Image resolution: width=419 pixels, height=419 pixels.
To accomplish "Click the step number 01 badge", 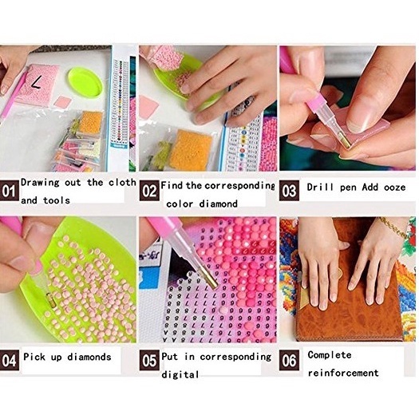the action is (10, 191).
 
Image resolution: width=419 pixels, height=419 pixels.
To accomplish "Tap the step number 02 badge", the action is (149, 191).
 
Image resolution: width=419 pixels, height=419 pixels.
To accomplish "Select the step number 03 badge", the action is (289, 191).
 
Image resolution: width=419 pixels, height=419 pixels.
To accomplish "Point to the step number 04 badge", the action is (10, 360).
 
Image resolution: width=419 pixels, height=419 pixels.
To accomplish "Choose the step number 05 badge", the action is (149, 360).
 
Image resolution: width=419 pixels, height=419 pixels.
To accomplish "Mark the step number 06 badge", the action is (289, 360).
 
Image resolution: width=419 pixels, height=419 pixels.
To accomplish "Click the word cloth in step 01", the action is (122, 183).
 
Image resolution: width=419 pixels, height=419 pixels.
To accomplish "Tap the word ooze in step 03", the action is (395, 188).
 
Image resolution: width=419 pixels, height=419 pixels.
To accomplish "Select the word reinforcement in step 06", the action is (343, 373).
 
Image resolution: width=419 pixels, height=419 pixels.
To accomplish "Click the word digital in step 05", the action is (180, 374).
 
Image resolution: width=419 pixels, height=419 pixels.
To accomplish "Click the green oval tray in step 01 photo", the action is (85, 83).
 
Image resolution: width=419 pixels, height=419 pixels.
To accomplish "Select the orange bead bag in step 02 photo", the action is (191, 150).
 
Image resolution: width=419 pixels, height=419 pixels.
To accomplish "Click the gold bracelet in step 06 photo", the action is (392, 228).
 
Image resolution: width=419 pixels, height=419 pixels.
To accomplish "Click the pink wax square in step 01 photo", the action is (62, 102).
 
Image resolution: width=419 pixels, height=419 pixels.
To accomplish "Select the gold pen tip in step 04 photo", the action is (51, 301).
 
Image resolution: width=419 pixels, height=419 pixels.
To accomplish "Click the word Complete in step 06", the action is (330, 355).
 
